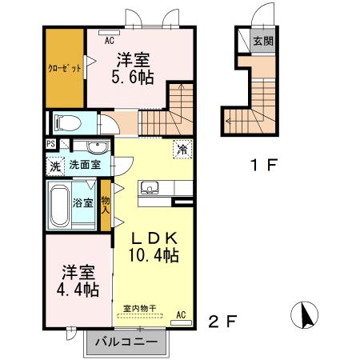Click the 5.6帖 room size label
pos(134,78)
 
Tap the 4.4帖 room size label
pos(78,288)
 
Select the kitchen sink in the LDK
pos(150,188)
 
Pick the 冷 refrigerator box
pos(182,149)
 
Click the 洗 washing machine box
pos(54,166)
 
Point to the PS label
pos(51,145)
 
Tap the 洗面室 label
pos(85,166)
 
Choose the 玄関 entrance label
pos(263,41)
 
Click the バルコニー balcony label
pos(127,343)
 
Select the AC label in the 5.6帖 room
pos(109,38)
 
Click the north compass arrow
pos(305,316)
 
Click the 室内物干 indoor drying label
pos(139,308)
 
